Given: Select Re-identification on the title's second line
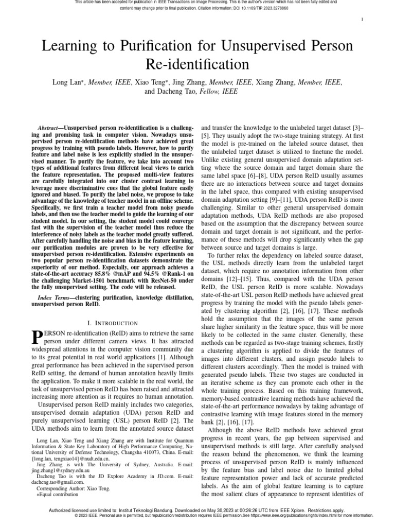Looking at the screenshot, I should pos(197,64).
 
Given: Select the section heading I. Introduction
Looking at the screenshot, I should pos(112,323).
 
